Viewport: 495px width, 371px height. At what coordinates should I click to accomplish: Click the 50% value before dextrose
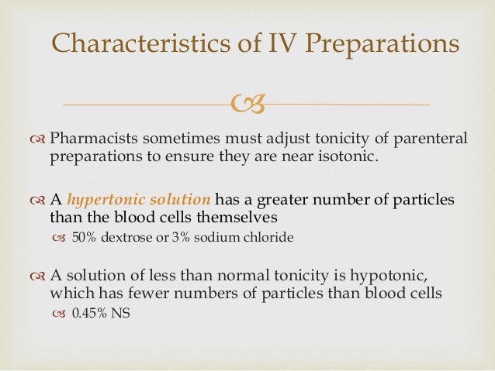coord(83,238)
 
